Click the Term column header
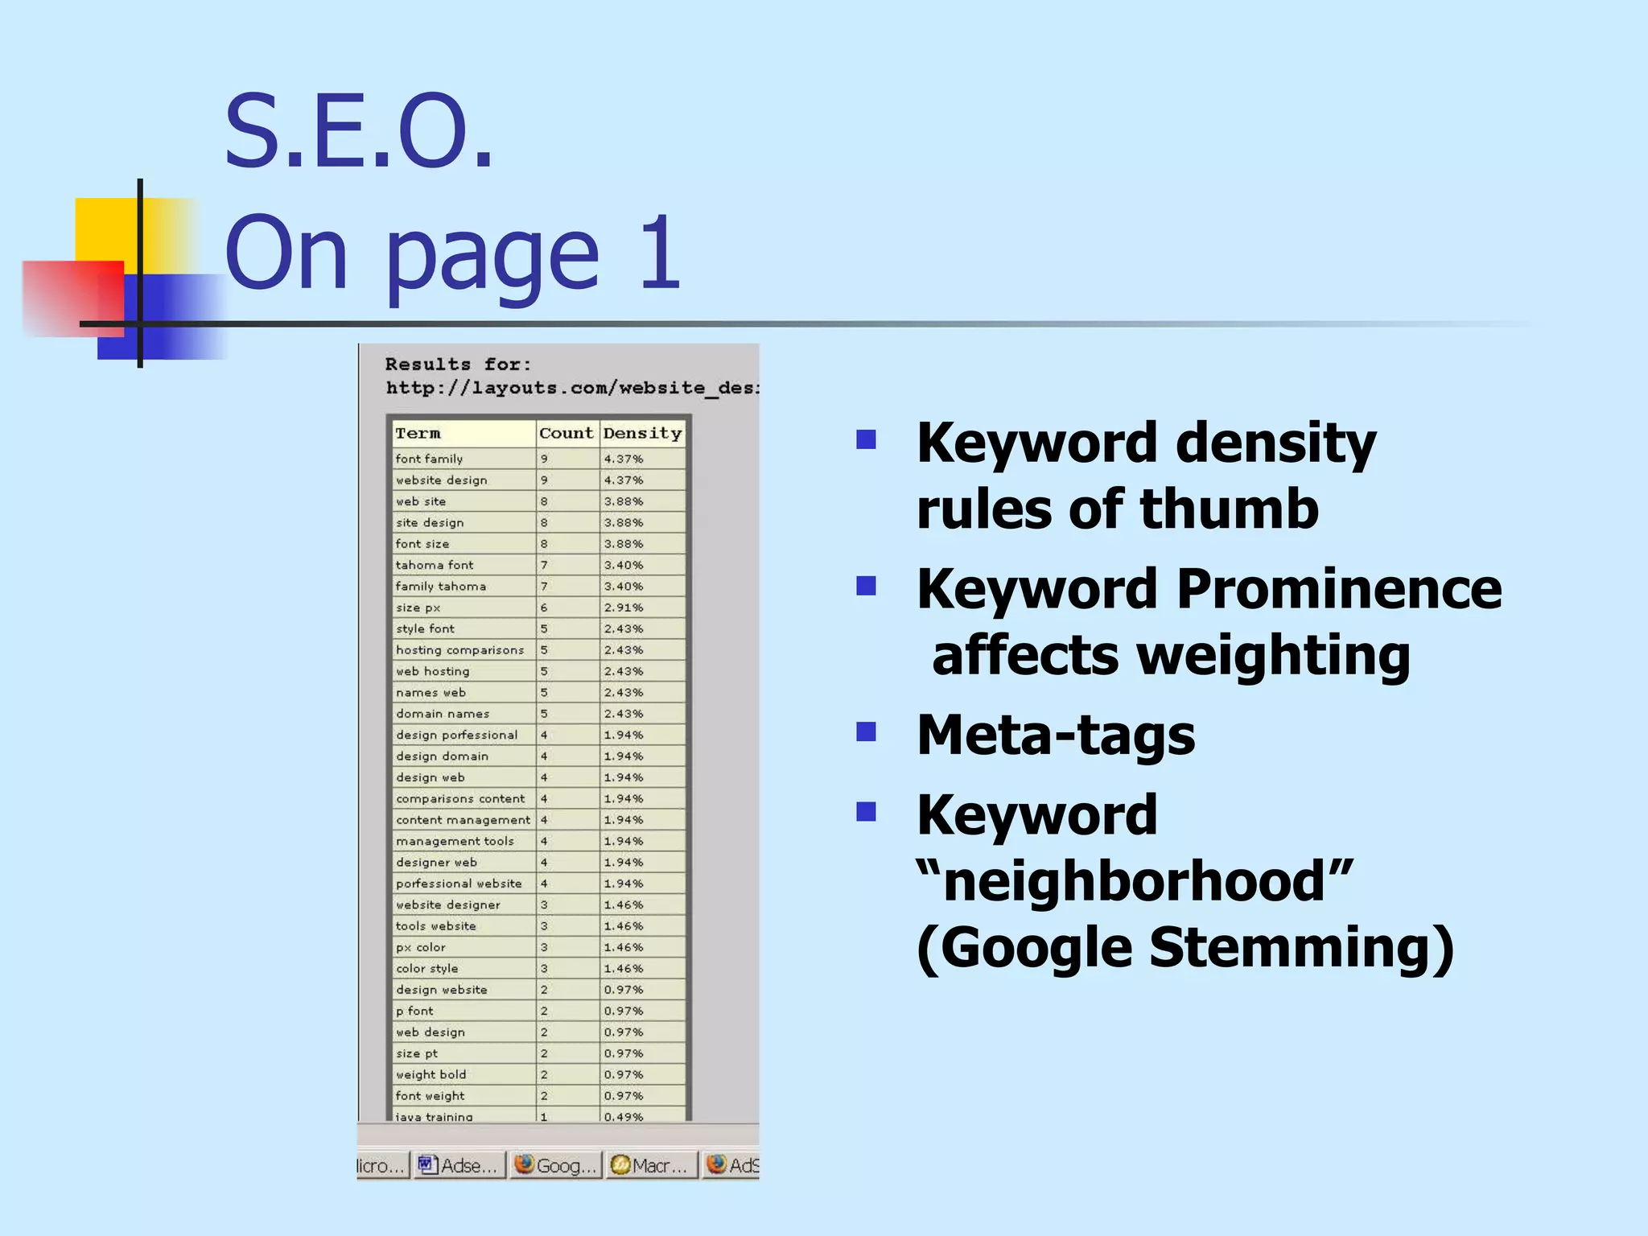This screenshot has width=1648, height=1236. point(418,434)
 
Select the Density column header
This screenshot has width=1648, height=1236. point(642,434)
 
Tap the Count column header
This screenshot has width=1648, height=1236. point(566,434)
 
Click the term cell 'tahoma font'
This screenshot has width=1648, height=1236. point(435,565)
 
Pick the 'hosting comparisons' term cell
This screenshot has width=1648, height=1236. point(459,650)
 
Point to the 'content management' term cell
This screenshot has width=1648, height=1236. point(463,820)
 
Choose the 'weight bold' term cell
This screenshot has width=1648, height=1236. point(431,1075)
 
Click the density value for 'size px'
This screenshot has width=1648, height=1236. point(624,608)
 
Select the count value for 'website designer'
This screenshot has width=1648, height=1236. point(544,905)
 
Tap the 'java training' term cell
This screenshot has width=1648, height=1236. point(435,1116)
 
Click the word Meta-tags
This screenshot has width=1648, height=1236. point(1056,735)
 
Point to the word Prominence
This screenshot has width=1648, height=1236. point(1339,589)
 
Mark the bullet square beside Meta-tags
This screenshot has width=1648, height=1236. point(866,731)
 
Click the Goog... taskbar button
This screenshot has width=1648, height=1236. point(556,1165)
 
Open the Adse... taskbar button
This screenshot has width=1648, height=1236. point(459,1165)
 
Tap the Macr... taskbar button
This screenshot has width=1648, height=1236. point(651,1165)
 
